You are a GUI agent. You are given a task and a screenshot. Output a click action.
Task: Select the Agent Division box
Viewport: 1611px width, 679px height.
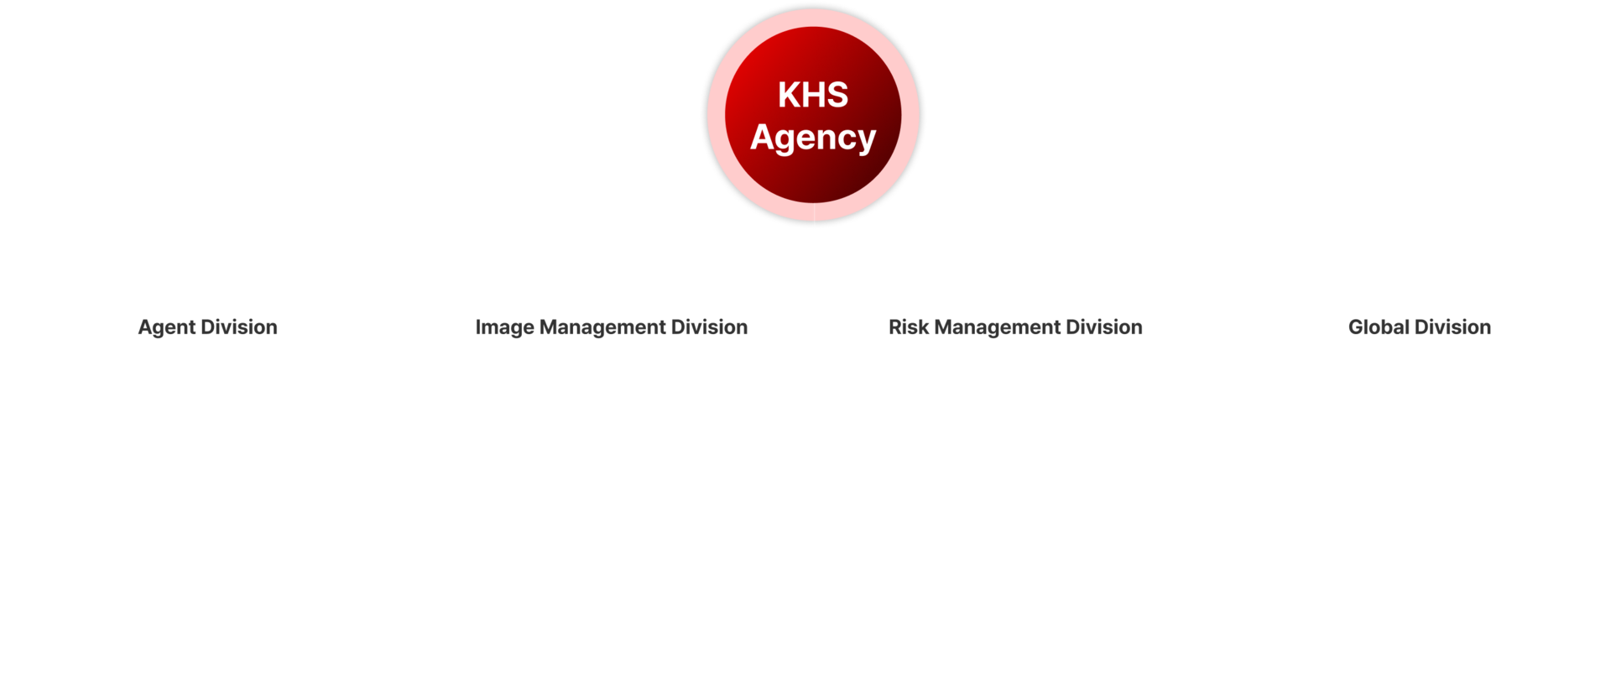tap(207, 327)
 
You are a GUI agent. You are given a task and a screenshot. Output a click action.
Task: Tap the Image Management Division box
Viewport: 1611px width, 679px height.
tap(611, 327)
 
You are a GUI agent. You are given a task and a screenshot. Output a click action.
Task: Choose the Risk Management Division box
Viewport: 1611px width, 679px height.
tap(1015, 327)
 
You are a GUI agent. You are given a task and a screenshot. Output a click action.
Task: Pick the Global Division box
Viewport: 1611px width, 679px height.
tap(1419, 327)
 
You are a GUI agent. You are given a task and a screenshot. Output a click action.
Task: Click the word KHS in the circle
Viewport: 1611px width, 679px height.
tap(813, 95)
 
